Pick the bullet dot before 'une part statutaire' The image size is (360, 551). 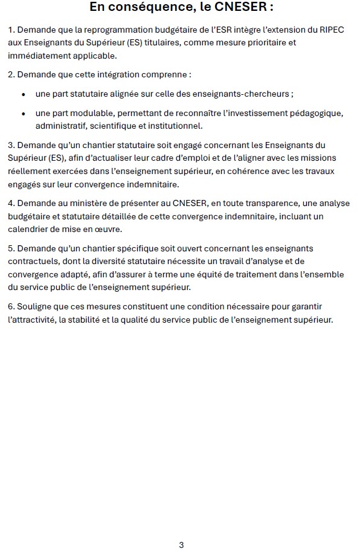point(24,95)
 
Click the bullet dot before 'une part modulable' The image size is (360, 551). point(24,114)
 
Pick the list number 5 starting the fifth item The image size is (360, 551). point(11,248)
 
